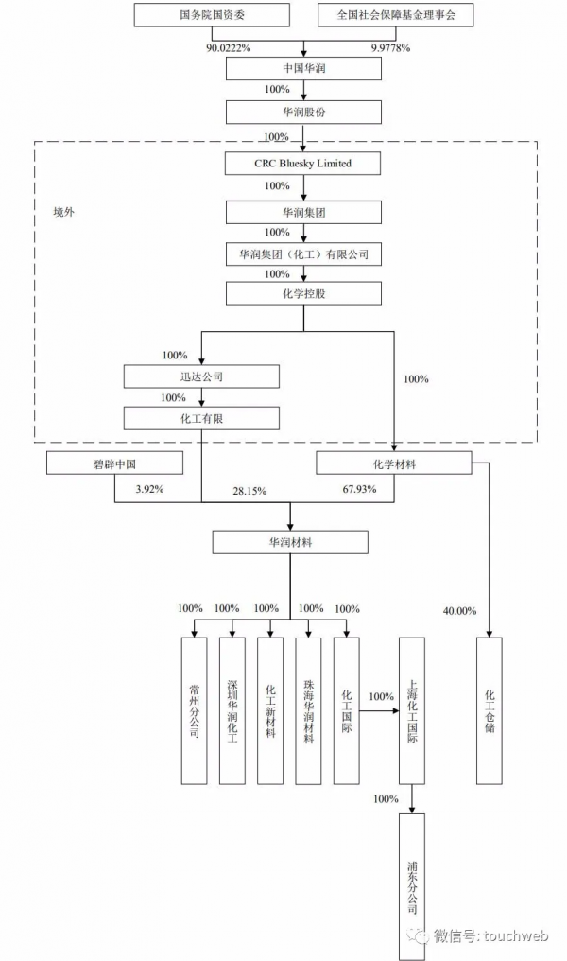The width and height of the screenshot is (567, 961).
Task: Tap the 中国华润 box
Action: pyautogui.click(x=302, y=69)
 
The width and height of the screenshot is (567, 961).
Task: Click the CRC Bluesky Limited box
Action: pyautogui.click(x=302, y=164)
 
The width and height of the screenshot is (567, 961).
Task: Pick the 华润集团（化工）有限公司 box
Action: pyautogui.click(x=302, y=254)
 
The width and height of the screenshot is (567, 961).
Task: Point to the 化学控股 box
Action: pyautogui.click(x=302, y=294)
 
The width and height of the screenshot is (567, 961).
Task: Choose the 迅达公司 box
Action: pyautogui.click(x=201, y=376)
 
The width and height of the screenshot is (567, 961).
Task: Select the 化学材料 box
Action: pyautogui.click(x=392, y=463)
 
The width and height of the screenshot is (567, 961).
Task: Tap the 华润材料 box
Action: pyautogui.click(x=289, y=543)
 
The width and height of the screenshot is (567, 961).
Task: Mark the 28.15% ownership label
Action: pyautogui.click(x=249, y=491)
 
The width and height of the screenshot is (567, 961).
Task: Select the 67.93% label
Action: pyautogui.click(x=359, y=490)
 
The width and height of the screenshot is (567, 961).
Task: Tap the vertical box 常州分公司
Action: pyautogui.click(x=194, y=709)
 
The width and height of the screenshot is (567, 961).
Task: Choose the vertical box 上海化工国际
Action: pyautogui.click(x=411, y=709)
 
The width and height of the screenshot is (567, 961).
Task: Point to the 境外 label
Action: pyautogui.click(x=63, y=212)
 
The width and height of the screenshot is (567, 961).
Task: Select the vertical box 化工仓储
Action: pyautogui.click(x=490, y=709)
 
